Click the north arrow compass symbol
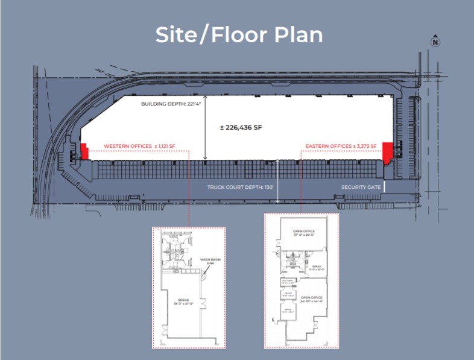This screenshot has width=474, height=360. pyautogui.click(x=434, y=42)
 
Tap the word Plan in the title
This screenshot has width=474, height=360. pyautogui.click(x=299, y=34)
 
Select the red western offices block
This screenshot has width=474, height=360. pyautogui.click(x=84, y=151)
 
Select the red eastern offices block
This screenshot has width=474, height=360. pyautogui.click(x=388, y=152)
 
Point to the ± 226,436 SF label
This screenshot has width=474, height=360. pyautogui.click(x=241, y=127)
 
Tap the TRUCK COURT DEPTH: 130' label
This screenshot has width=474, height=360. pyautogui.click(x=241, y=187)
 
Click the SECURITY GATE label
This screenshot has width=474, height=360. pyautogui.click(x=361, y=187)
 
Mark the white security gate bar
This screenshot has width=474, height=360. pyautogui.click(x=384, y=188)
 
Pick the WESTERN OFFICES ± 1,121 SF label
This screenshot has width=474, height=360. pyautogui.click(x=139, y=146)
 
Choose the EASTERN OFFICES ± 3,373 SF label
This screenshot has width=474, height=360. pyautogui.click(x=341, y=146)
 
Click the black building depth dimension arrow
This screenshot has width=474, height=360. pyautogui.click(x=206, y=127)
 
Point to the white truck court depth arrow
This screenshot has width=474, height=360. pyautogui.click(x=277, y=181)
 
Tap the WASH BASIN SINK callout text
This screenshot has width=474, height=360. pyautogui.click(x=209, y=262)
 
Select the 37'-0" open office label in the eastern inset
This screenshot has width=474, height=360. pyautogui.click(x=305, y=233)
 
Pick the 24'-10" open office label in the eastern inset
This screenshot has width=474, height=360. pyautogui.click(x=312, y=299)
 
